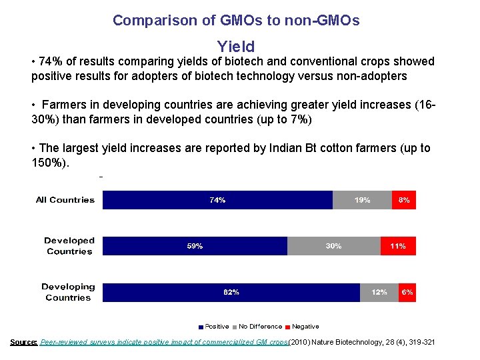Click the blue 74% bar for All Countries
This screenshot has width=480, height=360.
tap(217, 200)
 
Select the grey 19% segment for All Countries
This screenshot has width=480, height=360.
tap(362, 200)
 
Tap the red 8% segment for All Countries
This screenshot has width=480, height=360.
tap(404, 200)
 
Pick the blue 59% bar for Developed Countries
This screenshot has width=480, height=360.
tap(195, 246)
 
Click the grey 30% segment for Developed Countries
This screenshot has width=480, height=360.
tap(333, 246)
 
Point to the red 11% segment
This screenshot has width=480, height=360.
tap(398, 246)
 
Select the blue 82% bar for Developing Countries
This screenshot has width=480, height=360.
tap(231, 292)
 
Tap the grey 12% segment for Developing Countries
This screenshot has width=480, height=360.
tap(379, 292)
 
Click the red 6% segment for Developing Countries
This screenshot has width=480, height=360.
tap(407, 292)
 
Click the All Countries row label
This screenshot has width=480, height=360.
tap(65, 200)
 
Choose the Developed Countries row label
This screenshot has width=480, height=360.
tap(69, 246)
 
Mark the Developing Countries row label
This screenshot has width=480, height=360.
tap(68, 292)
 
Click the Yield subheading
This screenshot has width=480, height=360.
tap(236, 47)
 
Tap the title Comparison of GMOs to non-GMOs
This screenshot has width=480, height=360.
tap(236, 20)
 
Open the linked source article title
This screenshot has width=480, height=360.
tap(164, 342)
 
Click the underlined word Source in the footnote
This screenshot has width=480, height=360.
tap(23, 342)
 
